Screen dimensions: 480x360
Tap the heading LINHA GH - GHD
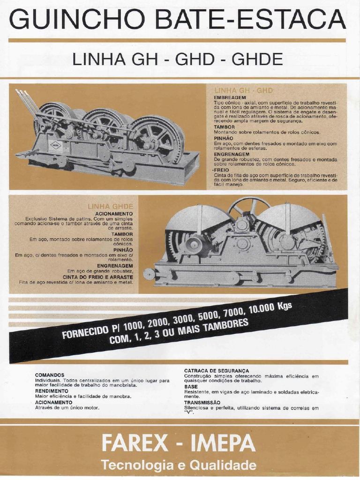243,90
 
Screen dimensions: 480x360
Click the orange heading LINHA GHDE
110,206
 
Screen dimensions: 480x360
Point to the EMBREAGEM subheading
230,97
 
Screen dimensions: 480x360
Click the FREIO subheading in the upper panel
223,170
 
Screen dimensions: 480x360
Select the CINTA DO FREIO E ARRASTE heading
98,277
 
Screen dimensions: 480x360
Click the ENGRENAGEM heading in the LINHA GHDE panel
115,266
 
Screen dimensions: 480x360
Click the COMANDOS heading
49,375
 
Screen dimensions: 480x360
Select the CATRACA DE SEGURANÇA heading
216,370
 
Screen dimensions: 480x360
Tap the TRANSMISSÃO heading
202,402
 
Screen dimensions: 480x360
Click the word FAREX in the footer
135,443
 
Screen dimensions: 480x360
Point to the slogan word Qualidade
226,465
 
